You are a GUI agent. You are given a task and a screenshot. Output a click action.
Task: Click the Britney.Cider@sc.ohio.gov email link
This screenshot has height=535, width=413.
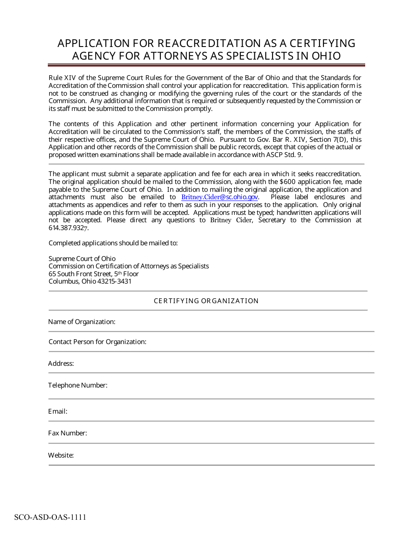point(220,197)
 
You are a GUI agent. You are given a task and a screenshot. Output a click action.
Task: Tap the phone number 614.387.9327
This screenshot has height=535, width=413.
point(68,228)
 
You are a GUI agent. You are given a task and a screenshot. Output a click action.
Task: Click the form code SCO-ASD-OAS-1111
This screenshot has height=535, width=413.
point(50,517)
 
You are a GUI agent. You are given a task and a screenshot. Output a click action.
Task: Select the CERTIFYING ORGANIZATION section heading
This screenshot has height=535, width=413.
point(206,301)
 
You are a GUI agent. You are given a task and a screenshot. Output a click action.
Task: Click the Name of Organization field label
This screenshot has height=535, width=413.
point(82,322)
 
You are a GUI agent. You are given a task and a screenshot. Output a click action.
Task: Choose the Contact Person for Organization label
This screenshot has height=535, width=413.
point(97,342)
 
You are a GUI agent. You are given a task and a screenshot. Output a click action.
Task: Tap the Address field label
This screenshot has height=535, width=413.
point(61,364)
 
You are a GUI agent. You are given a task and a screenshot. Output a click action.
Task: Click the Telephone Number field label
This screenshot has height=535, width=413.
point(77,385)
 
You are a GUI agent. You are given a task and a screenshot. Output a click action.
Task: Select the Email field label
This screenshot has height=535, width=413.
point(57,411)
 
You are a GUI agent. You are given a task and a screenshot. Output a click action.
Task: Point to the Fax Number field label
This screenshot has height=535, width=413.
point(67,433)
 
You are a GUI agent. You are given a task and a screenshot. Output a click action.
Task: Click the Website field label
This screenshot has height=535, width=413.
point(61,455)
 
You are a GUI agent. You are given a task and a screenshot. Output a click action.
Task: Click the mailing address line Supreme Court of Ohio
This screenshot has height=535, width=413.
point(82,258)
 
